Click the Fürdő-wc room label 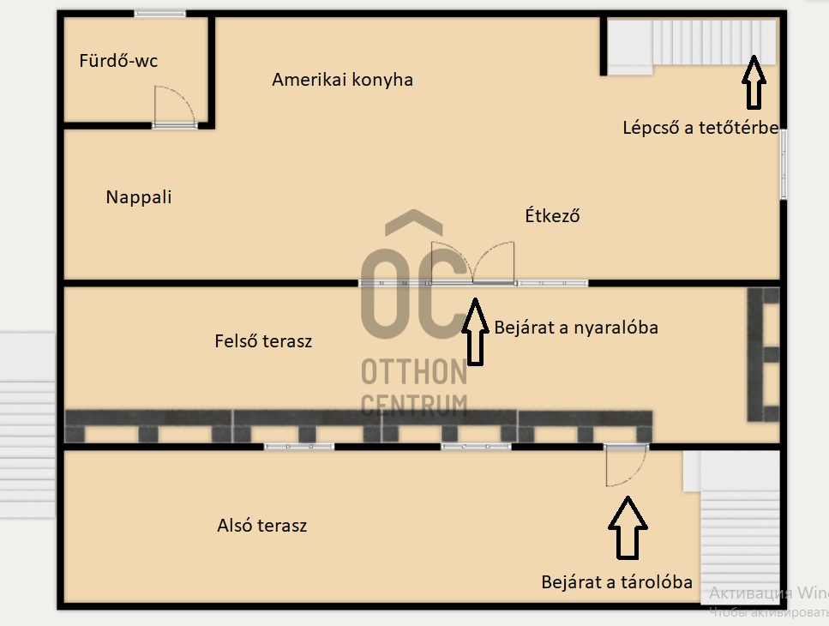point(118,61)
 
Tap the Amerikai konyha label point(342,80)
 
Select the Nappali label point(139,197)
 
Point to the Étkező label point(552,216)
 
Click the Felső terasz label point(263,341)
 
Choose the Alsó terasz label point(262,526)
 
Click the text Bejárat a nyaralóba point(576,328)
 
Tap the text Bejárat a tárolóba point(616,582)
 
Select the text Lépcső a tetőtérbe point(700,129)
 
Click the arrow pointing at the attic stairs point(754,82)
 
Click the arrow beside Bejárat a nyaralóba point(474,331)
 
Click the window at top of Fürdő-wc point(160,14)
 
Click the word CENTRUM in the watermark point(414,404)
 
